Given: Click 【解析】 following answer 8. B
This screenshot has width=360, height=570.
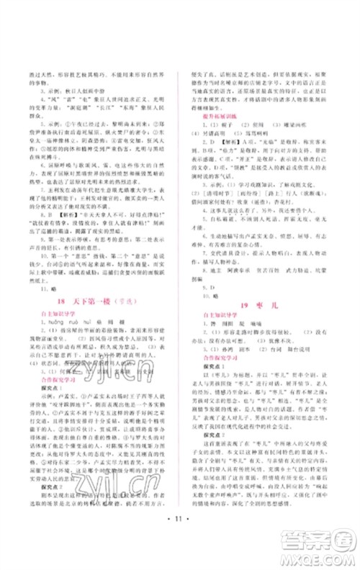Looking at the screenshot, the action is [68, 214].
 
